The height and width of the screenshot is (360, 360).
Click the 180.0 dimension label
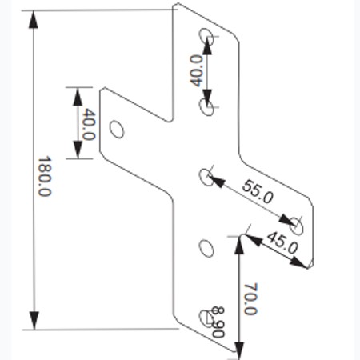pyautogui.click(x=45, y=177)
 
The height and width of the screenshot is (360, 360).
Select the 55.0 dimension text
pyautogui.click(x=258, y=192)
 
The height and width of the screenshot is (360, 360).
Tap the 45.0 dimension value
pyautogui.click(x=282, y=242)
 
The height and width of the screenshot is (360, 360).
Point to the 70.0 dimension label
pyautogui.click(x=250, y=299)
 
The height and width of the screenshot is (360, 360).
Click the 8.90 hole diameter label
pyautogui.click(x=218, y=322)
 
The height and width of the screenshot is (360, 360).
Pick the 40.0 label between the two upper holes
pyautogui.click(x=197, y=70)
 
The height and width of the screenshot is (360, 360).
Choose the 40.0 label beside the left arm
pyautogui.click(x=89, y=124)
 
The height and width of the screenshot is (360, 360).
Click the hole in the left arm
pyautogui.click(x=117, y=130)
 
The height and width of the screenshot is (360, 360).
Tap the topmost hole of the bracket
pyautogui.click(x=206, y=37)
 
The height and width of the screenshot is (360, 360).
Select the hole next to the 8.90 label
pyautogui.click(x=206, y=318)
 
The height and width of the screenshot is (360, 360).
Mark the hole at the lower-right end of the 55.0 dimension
pyautogui.click(x=296, y=226)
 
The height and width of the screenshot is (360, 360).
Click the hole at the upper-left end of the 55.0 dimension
pyautogui.click(x=206, y=177)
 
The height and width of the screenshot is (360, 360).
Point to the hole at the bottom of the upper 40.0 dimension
pyautogui.click(x=207, y=107)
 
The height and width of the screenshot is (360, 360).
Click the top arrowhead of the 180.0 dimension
pyautogui.click(x=33, y=19)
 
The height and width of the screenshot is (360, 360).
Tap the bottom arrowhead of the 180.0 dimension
pyautogui.click(x=34, y=320)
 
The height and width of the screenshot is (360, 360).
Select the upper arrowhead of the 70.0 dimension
pyautogui.click(x=239, y=245)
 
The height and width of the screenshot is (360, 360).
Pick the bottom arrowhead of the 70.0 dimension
pyautogui.click(x=239, y=350)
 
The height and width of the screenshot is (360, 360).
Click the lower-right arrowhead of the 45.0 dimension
pyautogui.click(x=298, y=262)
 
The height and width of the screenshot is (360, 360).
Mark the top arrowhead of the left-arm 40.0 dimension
pyautogui.click(x=78, y=97)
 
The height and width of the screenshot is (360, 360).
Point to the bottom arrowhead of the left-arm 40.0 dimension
pyautogui.click(x=78, y=150)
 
